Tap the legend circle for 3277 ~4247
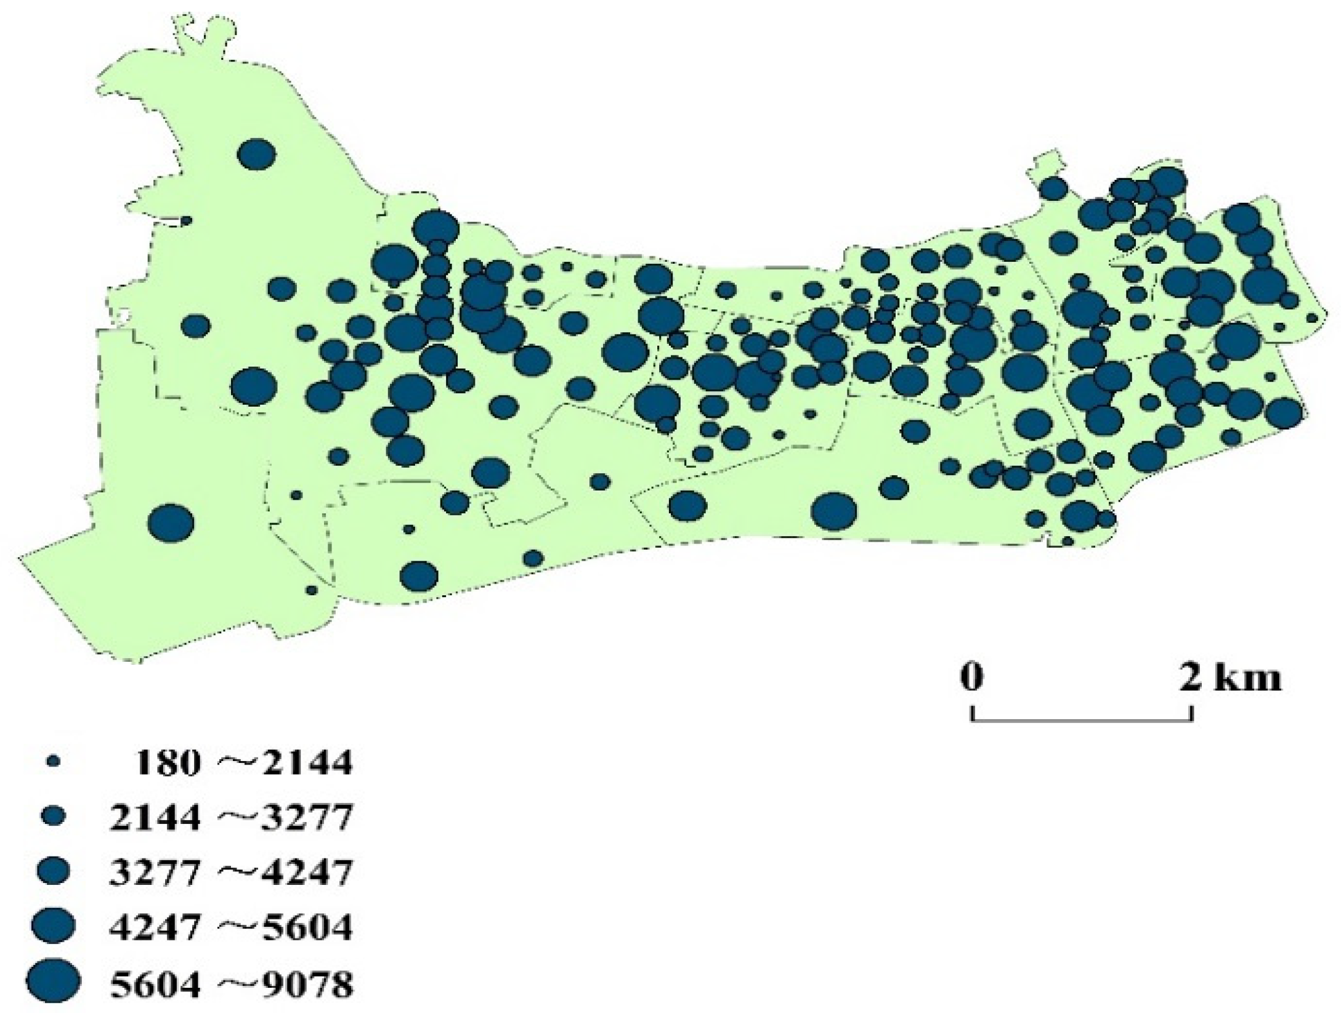click(55, 871)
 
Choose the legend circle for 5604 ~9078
click(55, 980)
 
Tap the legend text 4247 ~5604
click(231, 926)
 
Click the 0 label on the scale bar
click(971, 677)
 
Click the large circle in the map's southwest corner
click(171, 523)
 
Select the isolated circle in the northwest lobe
click(256, 154)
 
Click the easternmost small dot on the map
click(1311, 318)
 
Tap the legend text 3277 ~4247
click(231, 871)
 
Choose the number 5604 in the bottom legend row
click(155, 980)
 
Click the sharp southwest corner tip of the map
click(20, 558)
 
